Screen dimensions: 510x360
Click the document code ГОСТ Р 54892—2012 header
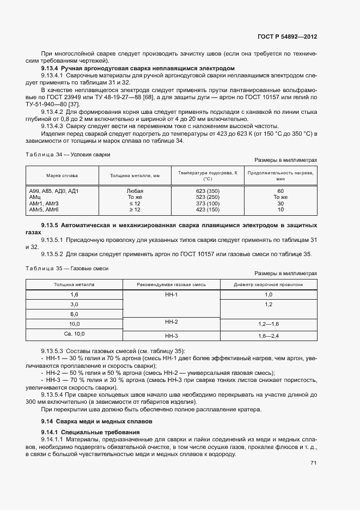pos(287,37)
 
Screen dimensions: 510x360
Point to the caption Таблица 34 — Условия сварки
pos(68,154)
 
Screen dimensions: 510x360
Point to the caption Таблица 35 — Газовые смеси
pos(67,269)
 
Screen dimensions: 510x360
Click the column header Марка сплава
pos(62,176)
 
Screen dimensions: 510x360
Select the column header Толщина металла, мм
pos(135,176)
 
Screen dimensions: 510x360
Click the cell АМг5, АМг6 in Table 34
pos(44,209)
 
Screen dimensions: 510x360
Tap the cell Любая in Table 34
pos(135,191)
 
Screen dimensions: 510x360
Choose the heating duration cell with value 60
pos(280,191)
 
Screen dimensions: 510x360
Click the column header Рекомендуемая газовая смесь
pos(172,284)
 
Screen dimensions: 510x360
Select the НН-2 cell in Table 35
pos(172,323)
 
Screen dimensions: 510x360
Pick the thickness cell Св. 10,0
pos(75,333)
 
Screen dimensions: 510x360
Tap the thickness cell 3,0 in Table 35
pos(75,304)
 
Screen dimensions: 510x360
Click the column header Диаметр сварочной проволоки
pos(268,284)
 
